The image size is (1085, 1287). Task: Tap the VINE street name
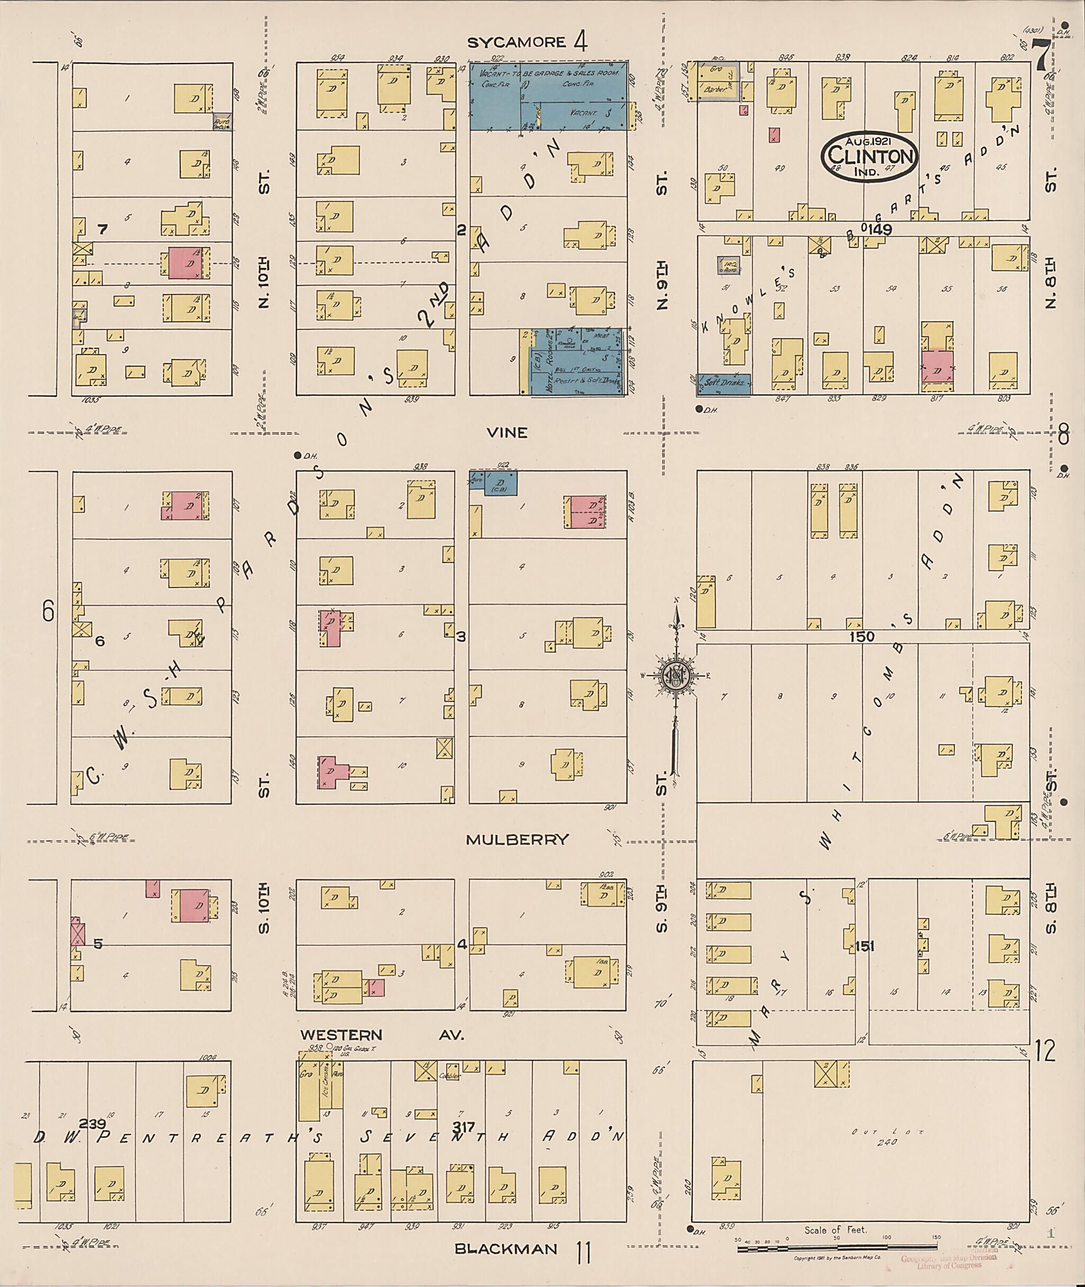507,433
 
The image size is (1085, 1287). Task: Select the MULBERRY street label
517,840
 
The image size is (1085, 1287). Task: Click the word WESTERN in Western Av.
341,1035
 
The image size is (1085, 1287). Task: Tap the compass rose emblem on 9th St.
676,676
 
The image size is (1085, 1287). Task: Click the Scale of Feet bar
837,1249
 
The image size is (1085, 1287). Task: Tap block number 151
864,947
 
